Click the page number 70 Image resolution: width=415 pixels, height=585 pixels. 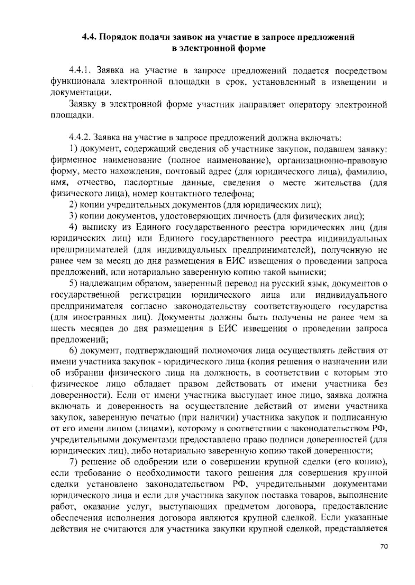pyautogui.click(x=384, y=556)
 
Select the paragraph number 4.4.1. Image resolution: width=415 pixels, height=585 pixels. pyautogui.click(x=80, y=71)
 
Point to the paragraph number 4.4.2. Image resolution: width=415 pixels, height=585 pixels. pyautogui.click(x=80, y=138)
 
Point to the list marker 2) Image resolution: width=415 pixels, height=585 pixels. pyautogui.click(x=73, y=205)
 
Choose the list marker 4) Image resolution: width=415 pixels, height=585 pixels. pyautogui.click(x=73, y=227)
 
